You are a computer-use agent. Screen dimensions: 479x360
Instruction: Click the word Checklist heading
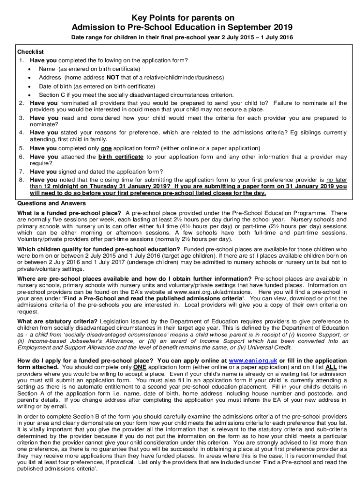click(30, 51)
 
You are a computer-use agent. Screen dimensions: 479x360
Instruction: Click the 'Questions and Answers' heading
click(51, 203)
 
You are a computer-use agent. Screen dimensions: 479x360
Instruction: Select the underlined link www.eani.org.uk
click(253, 361)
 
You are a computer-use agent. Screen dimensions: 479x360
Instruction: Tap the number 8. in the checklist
click(22, 179)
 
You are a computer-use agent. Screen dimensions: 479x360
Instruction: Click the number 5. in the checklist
click(22, 148)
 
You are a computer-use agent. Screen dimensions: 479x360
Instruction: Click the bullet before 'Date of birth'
click(30, 87)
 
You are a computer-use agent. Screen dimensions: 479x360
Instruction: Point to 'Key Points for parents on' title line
click(180, 16)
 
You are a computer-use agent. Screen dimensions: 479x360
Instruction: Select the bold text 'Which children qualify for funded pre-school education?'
click(100, 249)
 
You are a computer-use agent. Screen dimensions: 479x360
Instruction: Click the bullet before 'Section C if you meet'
click(30, 95)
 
